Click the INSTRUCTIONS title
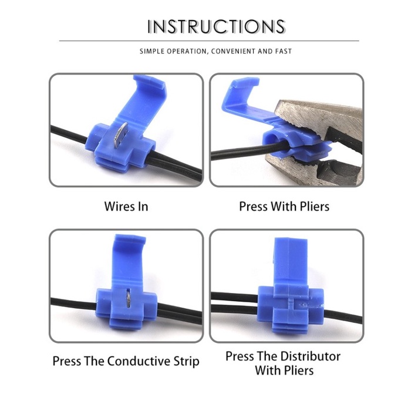216,26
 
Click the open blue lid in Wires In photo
146,100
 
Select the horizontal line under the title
209,41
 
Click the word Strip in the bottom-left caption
185,361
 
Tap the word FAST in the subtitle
283,52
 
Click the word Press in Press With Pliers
253,206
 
